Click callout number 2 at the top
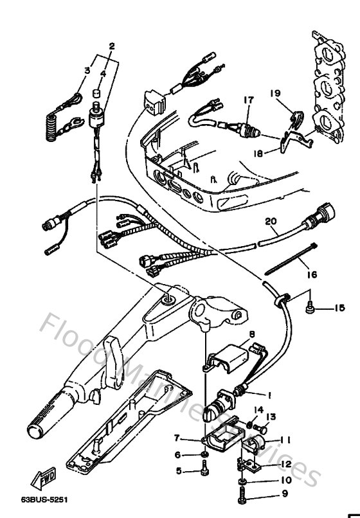[112, 46]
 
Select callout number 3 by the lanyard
[85, 70]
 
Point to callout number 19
[275, 93]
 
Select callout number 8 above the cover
[252, 334]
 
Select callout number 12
[285, 463]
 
